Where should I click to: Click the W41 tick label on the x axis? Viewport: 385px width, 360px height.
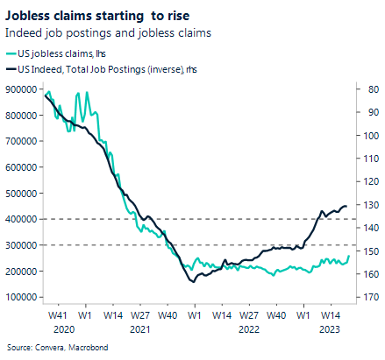(x=58, y=314)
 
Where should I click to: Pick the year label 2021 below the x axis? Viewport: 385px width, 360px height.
(x=139, y=329)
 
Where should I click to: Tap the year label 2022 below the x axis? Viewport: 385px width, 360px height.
(x=248, y=329)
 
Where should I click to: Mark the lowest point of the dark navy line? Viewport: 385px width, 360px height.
(x=192, y=281)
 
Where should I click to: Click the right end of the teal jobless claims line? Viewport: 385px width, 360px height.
(x=348, y=256)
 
